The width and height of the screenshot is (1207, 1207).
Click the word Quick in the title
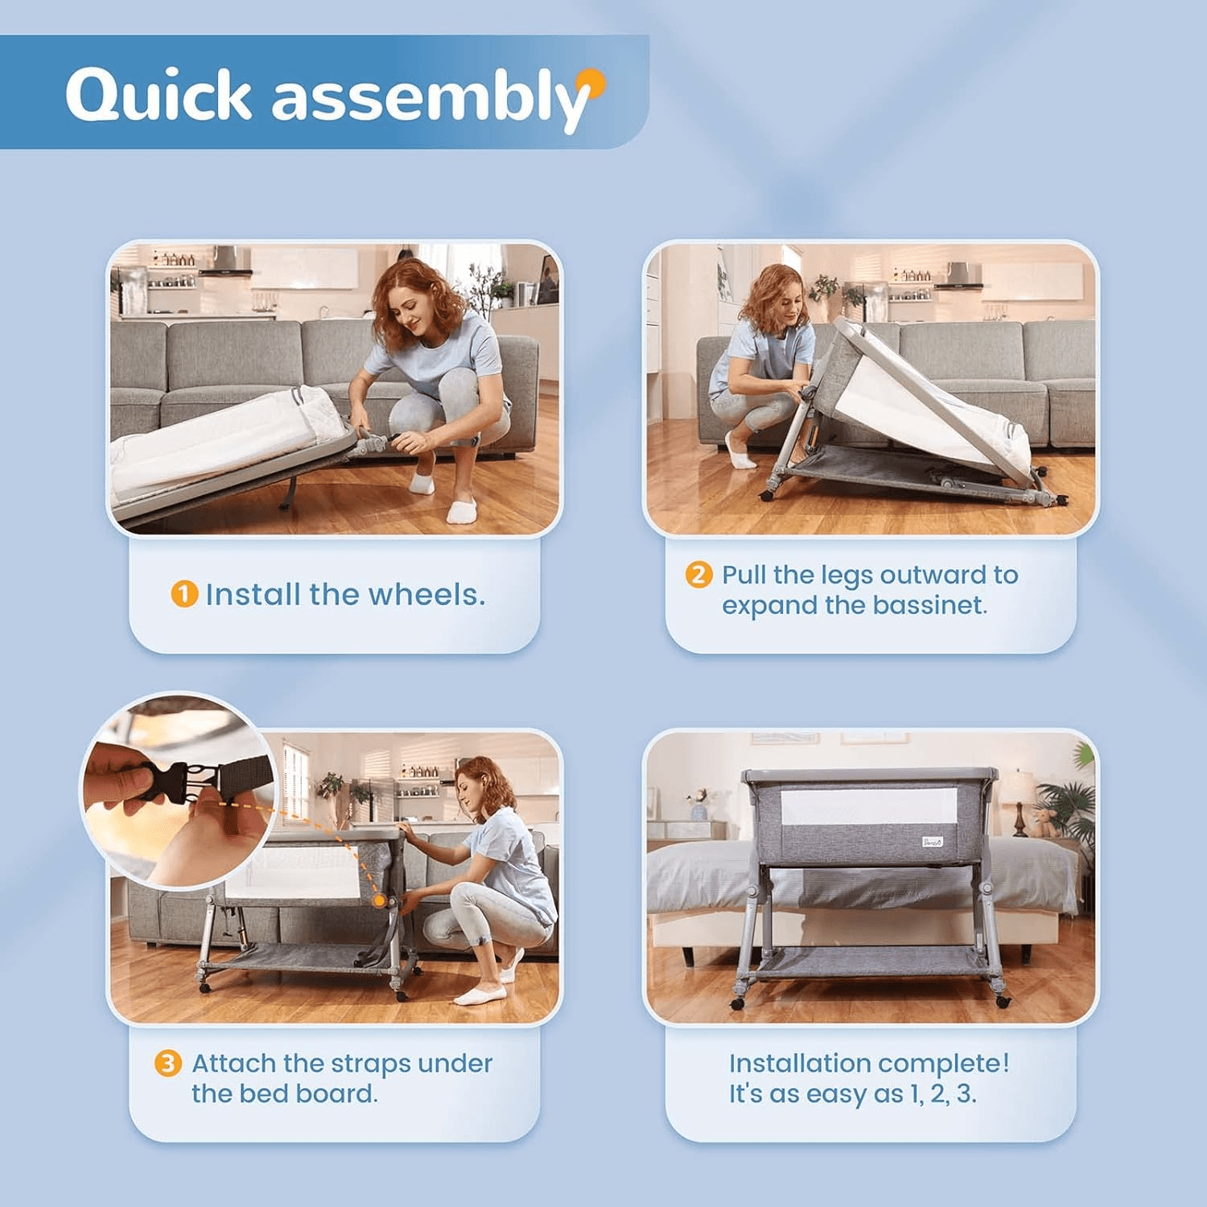point(159,95)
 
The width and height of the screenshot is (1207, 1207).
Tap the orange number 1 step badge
point(184,595)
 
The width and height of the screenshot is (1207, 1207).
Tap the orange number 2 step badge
point(698,575)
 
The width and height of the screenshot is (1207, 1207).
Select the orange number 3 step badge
point(167,1064)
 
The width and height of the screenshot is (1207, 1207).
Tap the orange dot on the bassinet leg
point(380,901)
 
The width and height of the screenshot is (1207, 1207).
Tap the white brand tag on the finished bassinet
point(933,842)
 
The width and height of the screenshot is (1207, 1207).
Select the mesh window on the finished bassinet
point(870,806)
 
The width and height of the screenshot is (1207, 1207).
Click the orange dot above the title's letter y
point(594,79)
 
